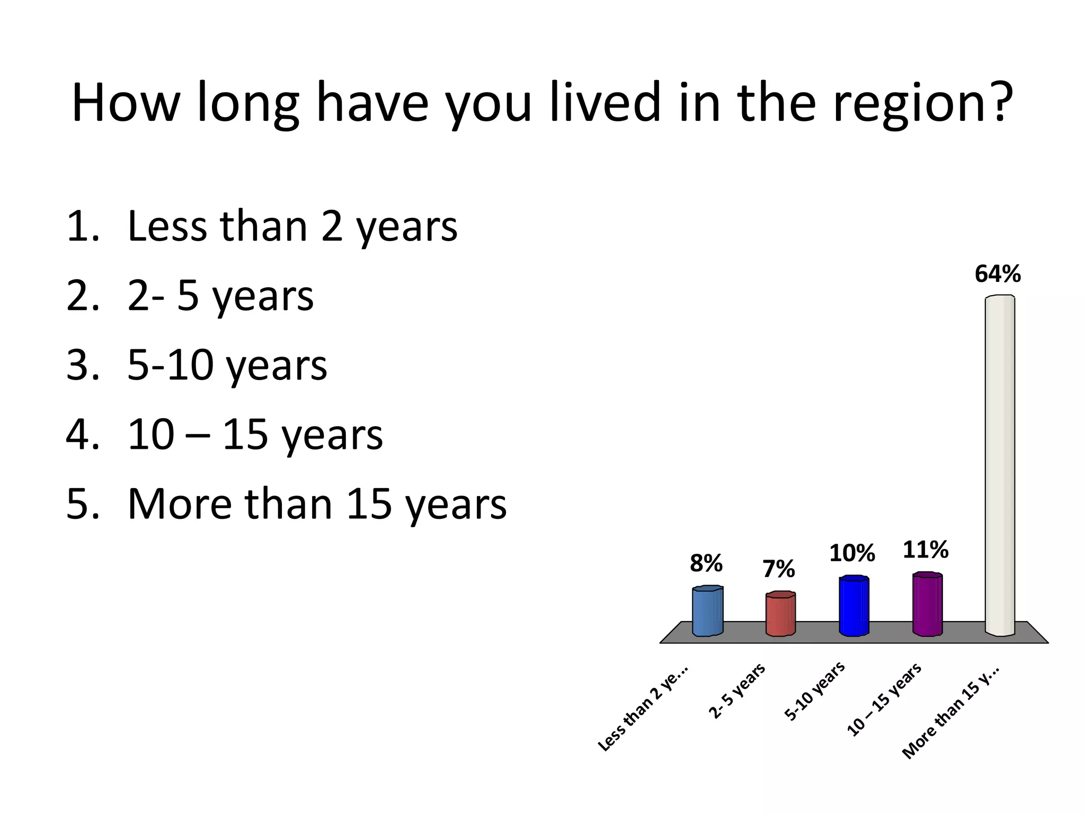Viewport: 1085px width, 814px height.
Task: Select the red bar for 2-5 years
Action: click(x=780, y=614)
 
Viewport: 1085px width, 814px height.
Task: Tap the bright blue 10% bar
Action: click(x=853, y=606)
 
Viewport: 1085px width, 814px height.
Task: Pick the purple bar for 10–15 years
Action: click(x=927, y=604)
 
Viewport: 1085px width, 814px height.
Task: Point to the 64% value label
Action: click(x=998, y=275)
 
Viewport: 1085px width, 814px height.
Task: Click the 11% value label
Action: click(x=925, y=550)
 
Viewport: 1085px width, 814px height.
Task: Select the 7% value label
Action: click(x=779, y=569)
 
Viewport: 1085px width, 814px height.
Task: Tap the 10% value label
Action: click(x=852, y=553)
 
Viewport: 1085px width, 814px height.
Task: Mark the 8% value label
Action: click(x=706, y=563)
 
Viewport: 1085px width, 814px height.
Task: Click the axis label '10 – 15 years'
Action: click(x=884, y=700)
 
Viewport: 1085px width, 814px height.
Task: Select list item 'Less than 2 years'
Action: click(x=292, y=226)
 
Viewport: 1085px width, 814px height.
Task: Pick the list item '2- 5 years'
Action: click(x=220, y=296)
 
